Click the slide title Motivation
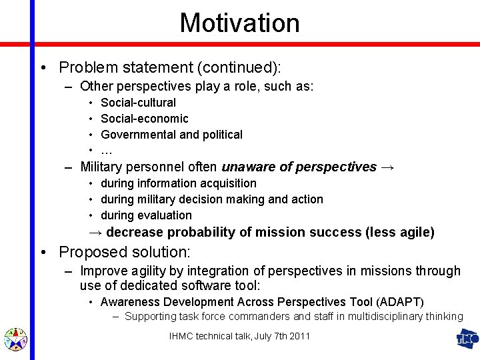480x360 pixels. coord(239,22)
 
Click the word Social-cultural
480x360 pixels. coord(138,103)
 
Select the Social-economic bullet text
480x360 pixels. coord(144,119)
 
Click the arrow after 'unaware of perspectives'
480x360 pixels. coord(388,167)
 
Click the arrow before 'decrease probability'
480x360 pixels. coord(97,233)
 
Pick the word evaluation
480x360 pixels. coord(165,215)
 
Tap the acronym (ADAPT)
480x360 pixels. coord(400,302)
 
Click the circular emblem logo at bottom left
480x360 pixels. coord(15,339)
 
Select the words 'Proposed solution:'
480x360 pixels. coord(125,252)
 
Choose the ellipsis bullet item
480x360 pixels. coord(106,151)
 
